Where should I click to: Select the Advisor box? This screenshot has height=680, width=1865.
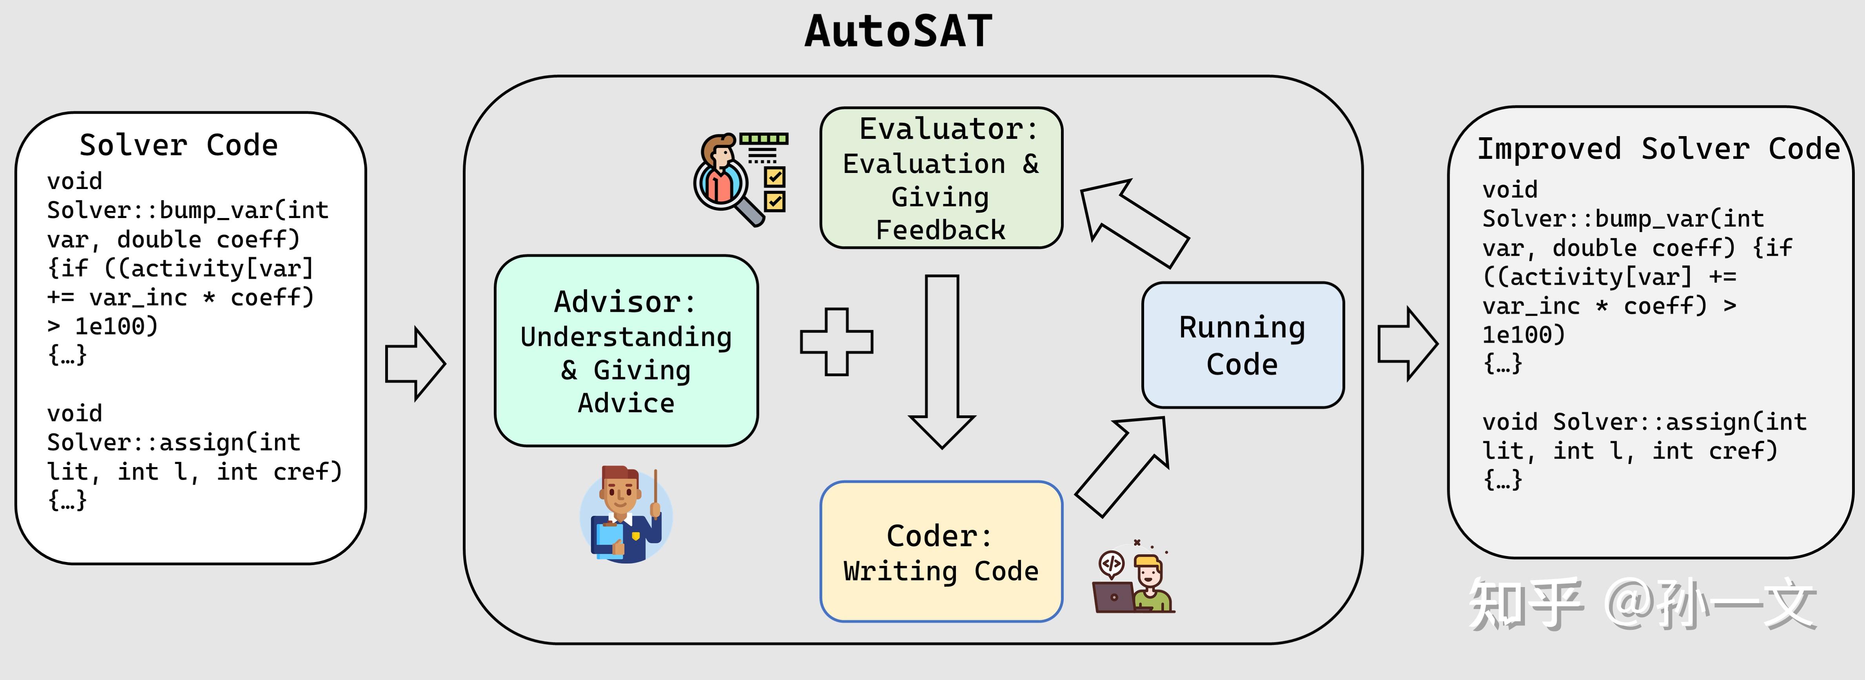pos(626,351)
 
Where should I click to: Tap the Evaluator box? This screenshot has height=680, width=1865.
pos(941,178)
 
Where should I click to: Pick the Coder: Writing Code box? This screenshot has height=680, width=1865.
pos(941,552)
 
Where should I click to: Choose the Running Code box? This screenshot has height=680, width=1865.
pos(1243,345)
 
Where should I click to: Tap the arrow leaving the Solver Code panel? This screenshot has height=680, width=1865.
pos(414,364)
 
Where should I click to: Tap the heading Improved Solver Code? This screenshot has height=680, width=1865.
pos(1658,149)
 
